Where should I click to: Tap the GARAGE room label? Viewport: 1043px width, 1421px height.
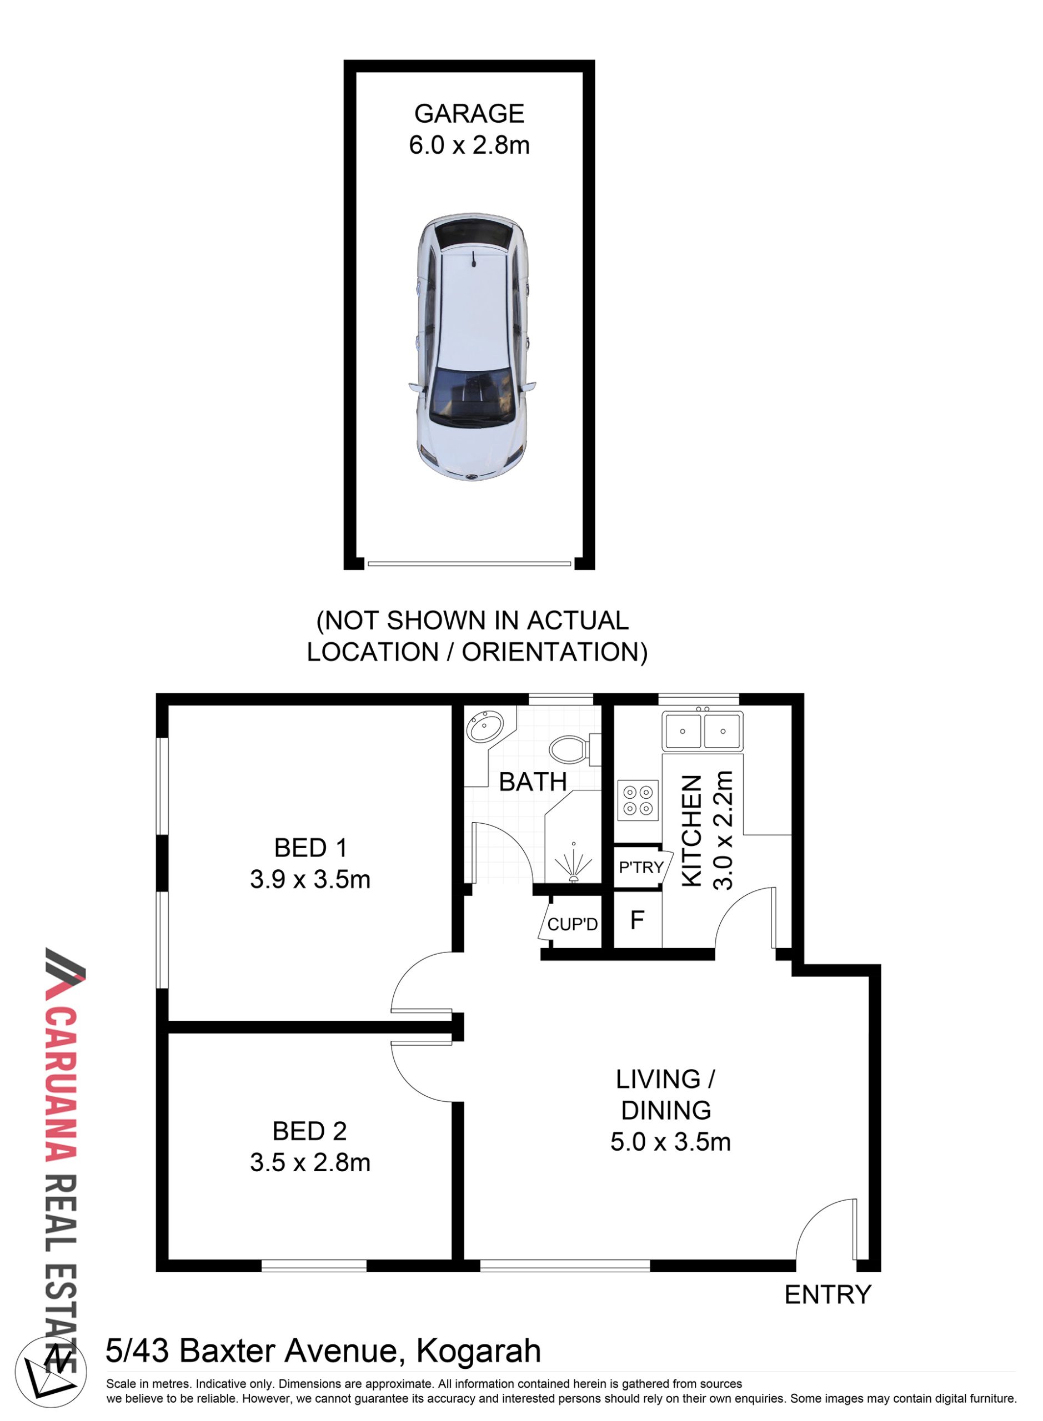(469, 114)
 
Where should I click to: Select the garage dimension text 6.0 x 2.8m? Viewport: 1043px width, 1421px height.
(469, 145)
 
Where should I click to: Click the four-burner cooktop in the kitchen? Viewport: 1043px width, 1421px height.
(638, 801)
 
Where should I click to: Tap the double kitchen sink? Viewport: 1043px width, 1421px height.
(702, 730)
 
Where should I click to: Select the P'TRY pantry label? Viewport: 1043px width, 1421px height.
(641, 868)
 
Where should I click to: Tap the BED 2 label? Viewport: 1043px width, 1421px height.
(309, 1131)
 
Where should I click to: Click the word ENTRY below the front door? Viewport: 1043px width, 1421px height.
(828, 1295)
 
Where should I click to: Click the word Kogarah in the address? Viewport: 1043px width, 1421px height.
(479, 1352)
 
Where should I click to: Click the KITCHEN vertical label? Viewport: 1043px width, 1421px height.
(692, 830)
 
